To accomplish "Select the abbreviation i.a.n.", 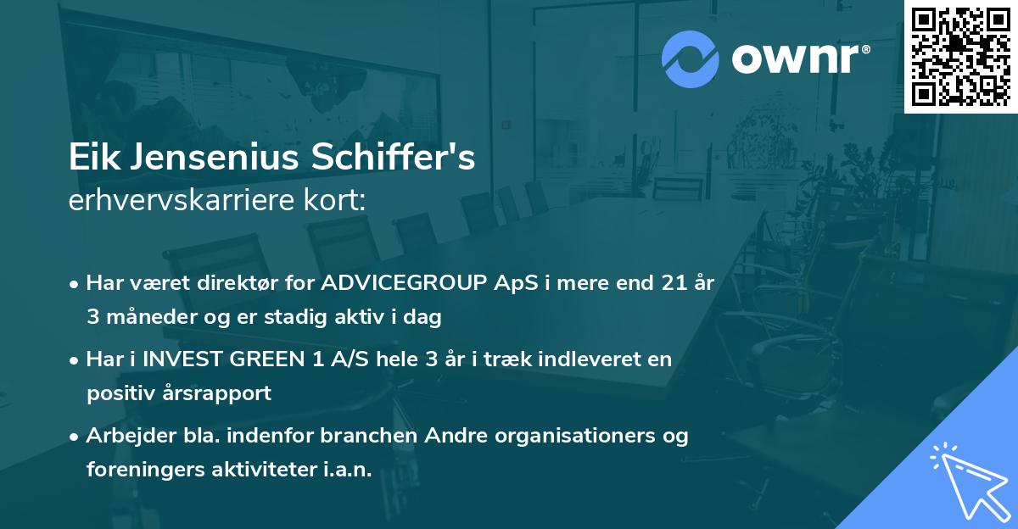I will point(348,470).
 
